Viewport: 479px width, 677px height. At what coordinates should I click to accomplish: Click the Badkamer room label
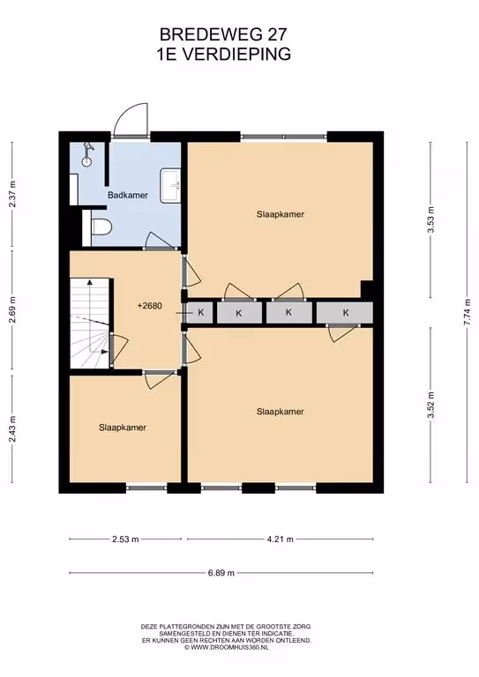click(128, 195)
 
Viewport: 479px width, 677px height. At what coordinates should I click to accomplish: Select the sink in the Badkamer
click(170, 186)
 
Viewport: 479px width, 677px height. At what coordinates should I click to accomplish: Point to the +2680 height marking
click(149, 306)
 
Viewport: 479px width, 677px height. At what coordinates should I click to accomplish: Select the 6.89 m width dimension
click(221, 573)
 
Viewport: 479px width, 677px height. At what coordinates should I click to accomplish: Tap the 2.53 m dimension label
click(125, 539)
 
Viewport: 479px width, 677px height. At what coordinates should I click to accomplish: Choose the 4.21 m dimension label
click(280, 539)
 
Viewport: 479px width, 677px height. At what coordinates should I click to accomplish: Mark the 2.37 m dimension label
click(12, 194)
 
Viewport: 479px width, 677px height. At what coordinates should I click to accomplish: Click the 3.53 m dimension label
click(430, 219)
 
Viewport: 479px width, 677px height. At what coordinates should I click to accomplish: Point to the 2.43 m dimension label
click(12, 428)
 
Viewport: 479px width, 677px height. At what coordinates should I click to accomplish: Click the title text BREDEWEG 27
click(223, 34)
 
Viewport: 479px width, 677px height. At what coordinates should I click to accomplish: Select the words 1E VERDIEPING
click(223, 55)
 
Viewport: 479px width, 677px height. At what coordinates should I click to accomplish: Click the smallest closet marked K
click(200, 312)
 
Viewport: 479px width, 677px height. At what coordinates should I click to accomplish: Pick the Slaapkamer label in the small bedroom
click(123, 428)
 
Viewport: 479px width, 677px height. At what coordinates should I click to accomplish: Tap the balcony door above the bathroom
click(131, 122)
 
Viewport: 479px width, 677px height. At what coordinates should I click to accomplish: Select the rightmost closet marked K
click(345, 313)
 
